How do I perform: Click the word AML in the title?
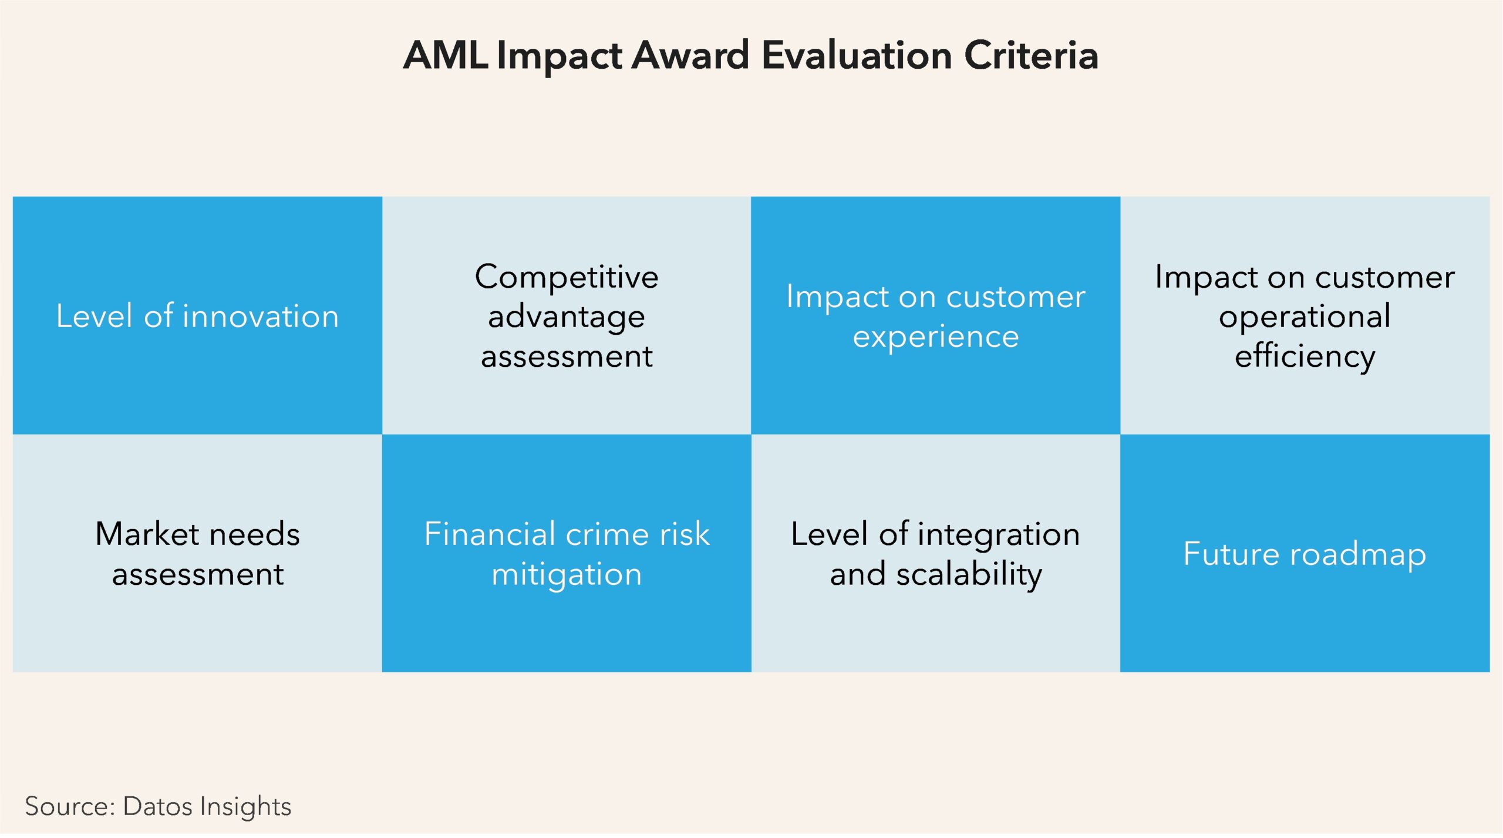[446, 56]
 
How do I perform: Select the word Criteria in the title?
[1031, 56]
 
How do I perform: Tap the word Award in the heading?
[690, 56]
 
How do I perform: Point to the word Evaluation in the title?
[857, 56]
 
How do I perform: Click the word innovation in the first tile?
[261, 317]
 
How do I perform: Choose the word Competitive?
[567, 277]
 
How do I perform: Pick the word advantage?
[567, 318]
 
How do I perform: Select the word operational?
[1305, 318]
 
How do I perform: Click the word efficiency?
[1305, 356]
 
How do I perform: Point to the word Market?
[147, 534]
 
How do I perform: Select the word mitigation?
[567, 575]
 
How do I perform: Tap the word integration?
[999, 536]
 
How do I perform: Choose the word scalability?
[969, 575]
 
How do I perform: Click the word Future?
[1231, 554]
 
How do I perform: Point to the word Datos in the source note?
[158, 806]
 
